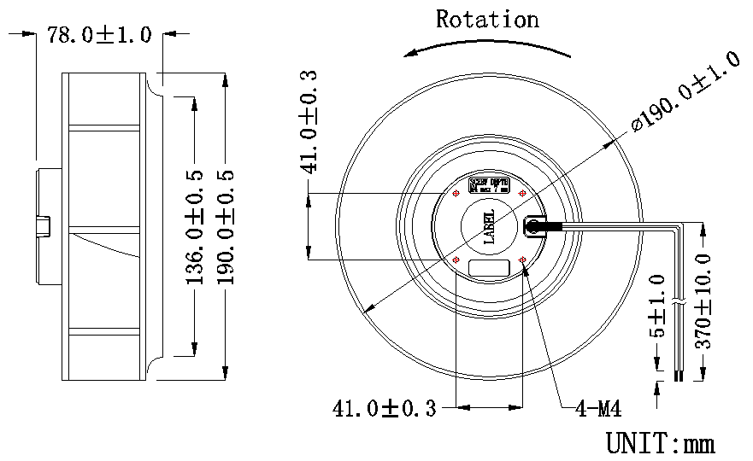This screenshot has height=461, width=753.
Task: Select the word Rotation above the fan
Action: coord(487,19)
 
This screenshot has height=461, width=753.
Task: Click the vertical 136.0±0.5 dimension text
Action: coord(195,226)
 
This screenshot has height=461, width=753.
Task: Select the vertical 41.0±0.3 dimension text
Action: coord(309,122)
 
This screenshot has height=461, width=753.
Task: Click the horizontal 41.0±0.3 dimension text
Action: coord(384,409)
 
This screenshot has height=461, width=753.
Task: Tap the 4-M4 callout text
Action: coord(597,410)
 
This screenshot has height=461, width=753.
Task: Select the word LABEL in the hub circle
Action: coord(490,227)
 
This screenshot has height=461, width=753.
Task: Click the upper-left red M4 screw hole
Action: coord(456,193)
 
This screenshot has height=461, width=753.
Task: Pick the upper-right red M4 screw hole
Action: coord(523,193)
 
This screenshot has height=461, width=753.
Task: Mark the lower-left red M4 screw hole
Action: coord(456,260)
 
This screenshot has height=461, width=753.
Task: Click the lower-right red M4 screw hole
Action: coord(523,260)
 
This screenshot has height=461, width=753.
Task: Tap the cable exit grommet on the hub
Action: coord(534,227)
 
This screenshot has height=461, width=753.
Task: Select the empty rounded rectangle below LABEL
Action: coord(490,266)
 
